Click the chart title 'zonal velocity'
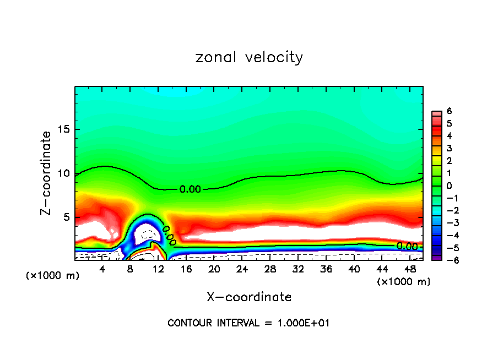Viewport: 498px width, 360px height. (249, 57)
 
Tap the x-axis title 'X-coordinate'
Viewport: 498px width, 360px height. (249, 297)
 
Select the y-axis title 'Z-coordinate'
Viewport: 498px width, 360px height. (47, 173)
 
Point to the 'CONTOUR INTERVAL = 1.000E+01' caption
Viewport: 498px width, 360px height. (249, 323)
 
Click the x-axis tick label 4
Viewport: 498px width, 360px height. (102, 269)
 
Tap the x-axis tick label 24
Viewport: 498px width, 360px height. (242, 269)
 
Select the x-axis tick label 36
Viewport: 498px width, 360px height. (326, 269)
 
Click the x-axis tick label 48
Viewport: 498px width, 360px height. (409, 269)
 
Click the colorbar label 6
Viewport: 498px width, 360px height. (449, 111)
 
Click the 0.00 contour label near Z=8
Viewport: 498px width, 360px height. (191, 189)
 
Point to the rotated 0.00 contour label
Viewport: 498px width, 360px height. (169, 234)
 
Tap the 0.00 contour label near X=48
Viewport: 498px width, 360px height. (407, 246)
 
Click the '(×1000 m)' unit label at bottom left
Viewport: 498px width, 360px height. (53, 276)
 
